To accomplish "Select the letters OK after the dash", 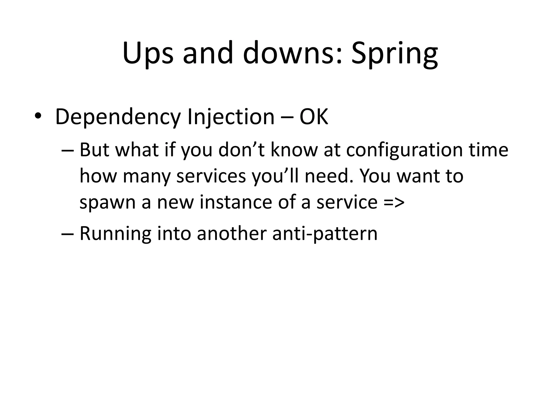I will tap(314, 117).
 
